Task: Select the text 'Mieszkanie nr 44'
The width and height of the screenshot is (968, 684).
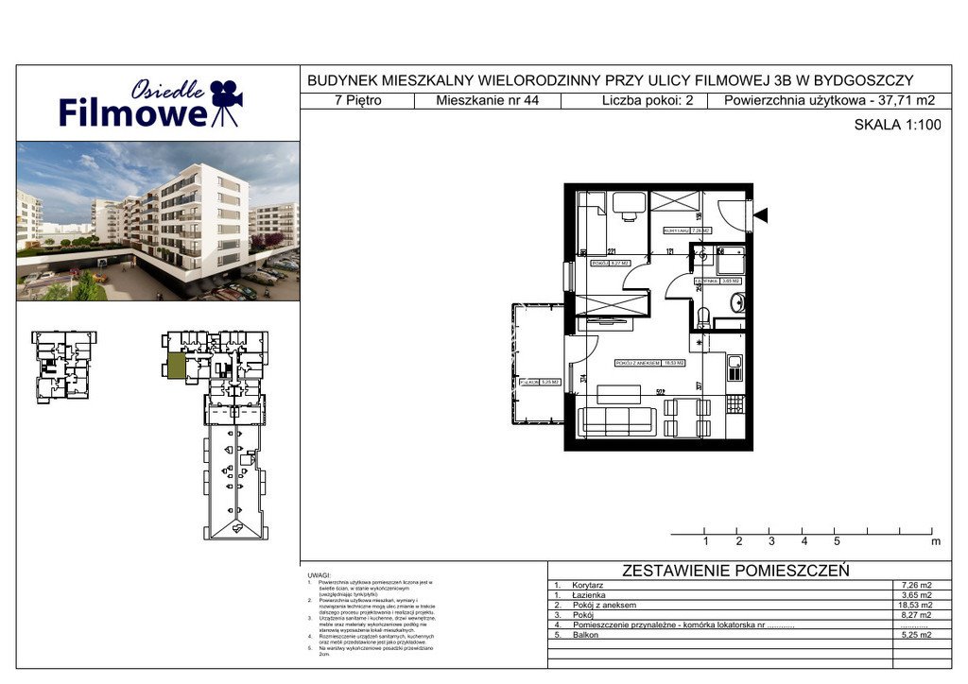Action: [x=488, y=101]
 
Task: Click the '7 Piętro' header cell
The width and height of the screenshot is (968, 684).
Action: [x=358, y=101]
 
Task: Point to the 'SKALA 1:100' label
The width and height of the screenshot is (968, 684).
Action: [x=897, y=124]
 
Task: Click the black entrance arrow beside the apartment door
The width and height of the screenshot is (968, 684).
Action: [x=760, y=215]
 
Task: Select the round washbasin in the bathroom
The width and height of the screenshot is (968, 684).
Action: [x=738, y=303]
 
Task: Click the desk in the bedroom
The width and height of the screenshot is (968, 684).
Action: [x=628, y=205]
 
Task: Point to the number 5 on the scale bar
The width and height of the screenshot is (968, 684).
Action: [x=837, y=541]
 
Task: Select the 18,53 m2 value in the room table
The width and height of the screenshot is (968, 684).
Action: [x=911, y=605]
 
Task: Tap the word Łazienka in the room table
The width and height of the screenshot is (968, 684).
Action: [x=593, y=595]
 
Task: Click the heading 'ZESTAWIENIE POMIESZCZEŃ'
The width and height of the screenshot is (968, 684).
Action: [x=735, y=571]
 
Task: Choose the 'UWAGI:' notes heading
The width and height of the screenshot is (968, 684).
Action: [x=319, y=574]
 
